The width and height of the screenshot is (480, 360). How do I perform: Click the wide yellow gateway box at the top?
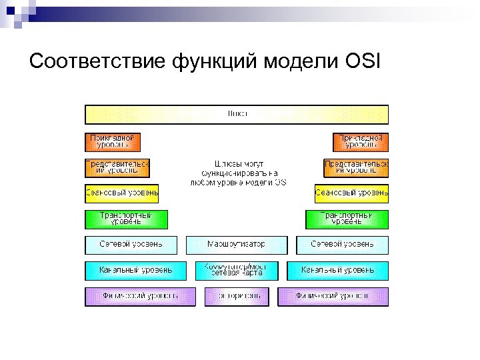coord(237,114)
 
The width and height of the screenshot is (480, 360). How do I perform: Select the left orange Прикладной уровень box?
coord(113,141)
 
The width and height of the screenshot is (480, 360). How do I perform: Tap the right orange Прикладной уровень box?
coord(360,141)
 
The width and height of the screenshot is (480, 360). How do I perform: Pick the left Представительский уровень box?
coord(117,167)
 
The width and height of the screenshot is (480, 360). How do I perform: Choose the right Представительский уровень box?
coord(356,167)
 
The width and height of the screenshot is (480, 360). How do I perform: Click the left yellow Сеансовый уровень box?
coord(121,194)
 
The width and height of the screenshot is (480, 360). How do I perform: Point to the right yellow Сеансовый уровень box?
coord(351,194)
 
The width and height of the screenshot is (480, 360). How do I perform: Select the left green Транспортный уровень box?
coord(126,219)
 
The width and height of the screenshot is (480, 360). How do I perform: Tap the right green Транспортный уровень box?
coord(347,219)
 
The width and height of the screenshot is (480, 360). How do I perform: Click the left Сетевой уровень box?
coord(131,245)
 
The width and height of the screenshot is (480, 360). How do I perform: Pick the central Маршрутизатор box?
coord(236,245)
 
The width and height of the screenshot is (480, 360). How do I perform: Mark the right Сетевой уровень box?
coord(342,245)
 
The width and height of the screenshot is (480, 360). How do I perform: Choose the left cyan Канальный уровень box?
coord(135,270)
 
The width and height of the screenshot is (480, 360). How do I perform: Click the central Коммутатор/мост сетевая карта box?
coord(236,270)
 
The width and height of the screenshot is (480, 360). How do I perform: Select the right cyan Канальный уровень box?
coord(337,270)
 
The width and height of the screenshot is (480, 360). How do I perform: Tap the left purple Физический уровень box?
coord(140,296)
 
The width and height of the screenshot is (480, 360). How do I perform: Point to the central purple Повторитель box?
coord(236,296)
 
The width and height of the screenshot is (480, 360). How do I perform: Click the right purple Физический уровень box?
coord(333,296)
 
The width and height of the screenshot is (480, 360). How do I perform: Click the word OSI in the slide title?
coord(362,62)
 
